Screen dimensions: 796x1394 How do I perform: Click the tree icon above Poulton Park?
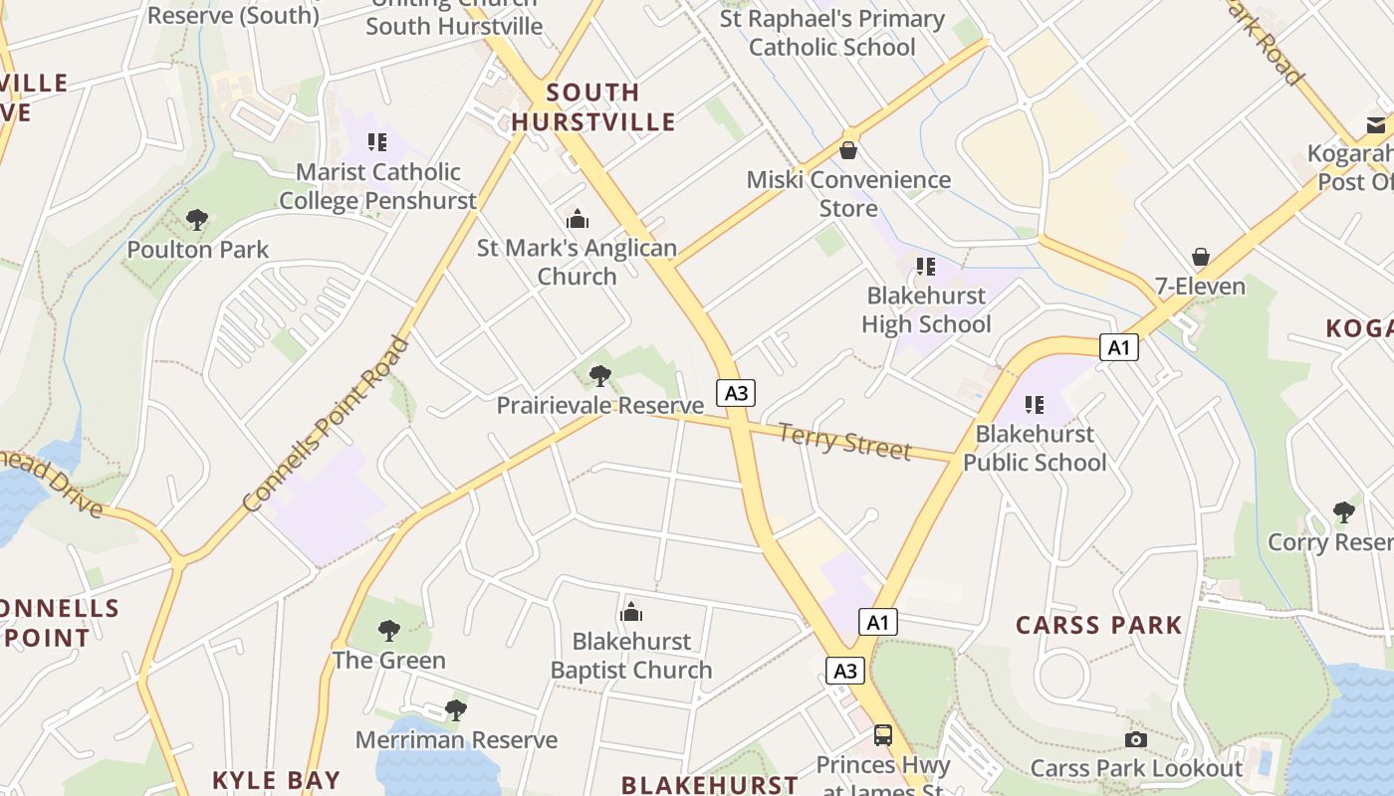click(197, 220)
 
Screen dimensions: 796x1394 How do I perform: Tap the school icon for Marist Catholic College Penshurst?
click(376, 143)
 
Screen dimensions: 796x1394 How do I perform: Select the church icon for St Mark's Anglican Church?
click(577, 220)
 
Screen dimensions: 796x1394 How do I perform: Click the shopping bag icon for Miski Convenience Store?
click(848, 151)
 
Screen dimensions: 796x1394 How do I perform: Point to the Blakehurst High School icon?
click(926, 267)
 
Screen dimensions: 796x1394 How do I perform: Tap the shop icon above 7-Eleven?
click(1201, 258)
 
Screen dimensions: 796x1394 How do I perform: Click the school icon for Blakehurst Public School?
click(1035, 405)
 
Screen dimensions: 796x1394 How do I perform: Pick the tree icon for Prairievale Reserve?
click(599, 376)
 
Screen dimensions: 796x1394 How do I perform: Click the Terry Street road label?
click(844, 441)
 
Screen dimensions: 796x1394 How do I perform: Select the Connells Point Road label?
click(326, 425)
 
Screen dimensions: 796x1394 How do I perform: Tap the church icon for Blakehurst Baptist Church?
click(631, 613)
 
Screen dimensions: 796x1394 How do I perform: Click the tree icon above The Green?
click(389, 631)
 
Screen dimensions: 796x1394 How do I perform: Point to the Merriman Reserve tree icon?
click(456, 710)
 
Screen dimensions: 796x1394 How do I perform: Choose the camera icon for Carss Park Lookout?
click(1135, 739)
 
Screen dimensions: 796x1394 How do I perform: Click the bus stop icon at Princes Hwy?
click(882, 735)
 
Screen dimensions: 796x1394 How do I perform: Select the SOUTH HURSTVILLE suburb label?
click(593, 107)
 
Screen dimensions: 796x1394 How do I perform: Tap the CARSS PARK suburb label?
click(1099, 626)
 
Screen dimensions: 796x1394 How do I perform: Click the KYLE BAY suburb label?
click(276, 780)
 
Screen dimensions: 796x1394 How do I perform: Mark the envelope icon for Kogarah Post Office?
click(1376, 125)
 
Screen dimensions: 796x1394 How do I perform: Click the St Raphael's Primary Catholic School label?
click(831, 33)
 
